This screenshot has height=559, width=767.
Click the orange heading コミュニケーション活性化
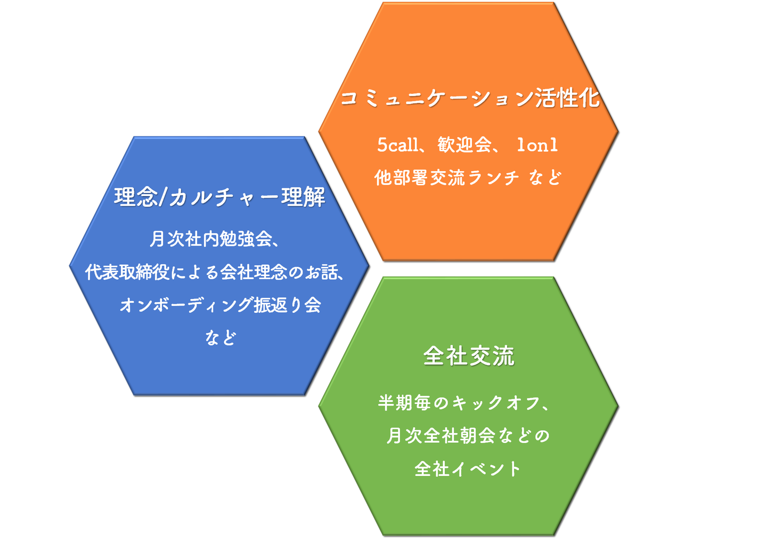[x=469, y=98]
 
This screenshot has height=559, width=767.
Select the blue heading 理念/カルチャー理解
[x=219, y=197]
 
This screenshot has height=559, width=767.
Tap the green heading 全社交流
[x=469, y=356]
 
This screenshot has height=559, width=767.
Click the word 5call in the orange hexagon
[x=397, y=145]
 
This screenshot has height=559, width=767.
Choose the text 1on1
[x=537, y=145]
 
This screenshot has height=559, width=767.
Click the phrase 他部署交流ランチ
[x=446, y=177]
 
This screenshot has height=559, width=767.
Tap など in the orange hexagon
[x=545, y=177]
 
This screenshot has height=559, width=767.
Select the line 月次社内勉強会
[x=211, y=239]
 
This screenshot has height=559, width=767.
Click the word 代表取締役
[x=127, y=272]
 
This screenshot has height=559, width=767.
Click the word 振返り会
[x=288, y=305]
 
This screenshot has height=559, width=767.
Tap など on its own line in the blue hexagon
[x=220, y=338]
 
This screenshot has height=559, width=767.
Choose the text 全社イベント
[x=468, y=469]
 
